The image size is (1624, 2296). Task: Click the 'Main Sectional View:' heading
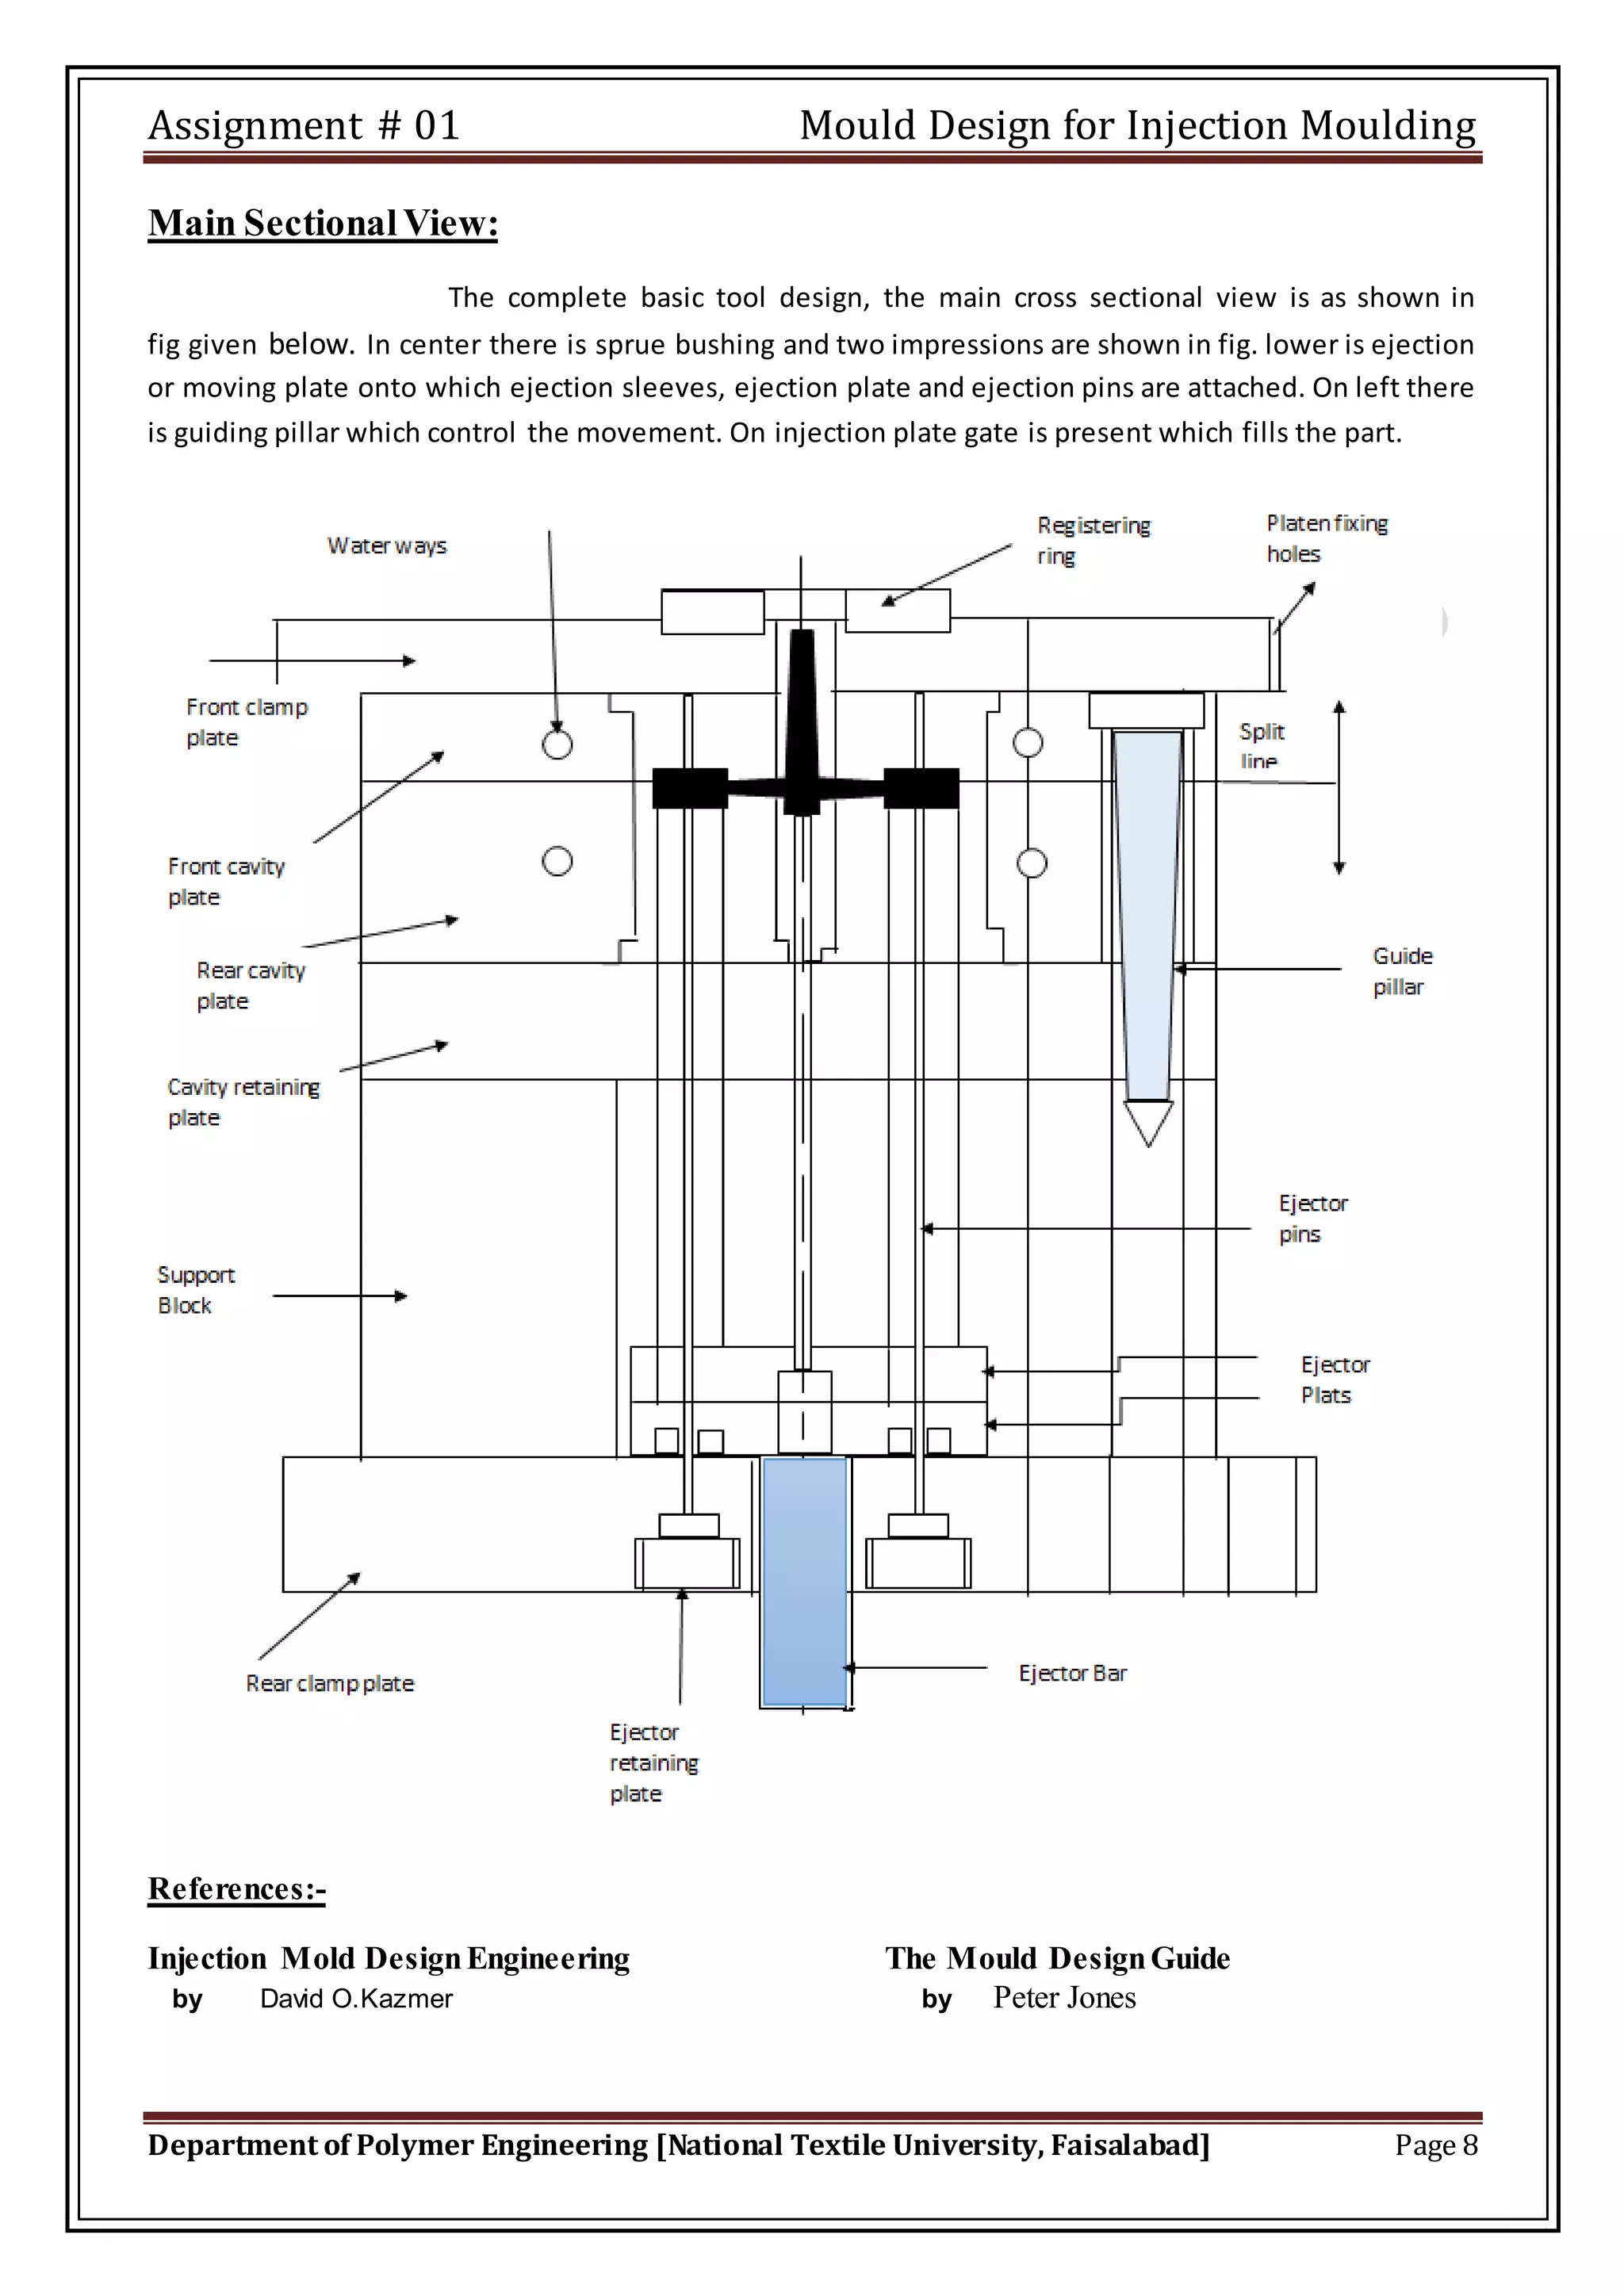322,223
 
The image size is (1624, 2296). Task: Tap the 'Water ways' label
386,546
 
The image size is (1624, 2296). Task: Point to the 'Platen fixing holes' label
1326,538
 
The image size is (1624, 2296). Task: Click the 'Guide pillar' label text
1401,971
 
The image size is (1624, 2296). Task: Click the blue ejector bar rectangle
804,1580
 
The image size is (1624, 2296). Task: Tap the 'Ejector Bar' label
1072,1673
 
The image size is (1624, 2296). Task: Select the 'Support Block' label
195,1290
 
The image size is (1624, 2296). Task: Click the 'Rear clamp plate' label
329,1683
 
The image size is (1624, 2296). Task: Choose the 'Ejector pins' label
1312,1218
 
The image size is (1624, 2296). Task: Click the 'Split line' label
1260,745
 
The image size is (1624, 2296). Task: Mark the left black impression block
690,788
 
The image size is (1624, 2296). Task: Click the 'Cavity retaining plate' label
242,1101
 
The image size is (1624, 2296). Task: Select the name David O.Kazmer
356,1998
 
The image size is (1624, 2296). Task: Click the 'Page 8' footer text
1435,2145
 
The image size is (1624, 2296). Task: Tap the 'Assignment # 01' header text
304,126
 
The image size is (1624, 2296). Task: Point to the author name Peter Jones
1064,1997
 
